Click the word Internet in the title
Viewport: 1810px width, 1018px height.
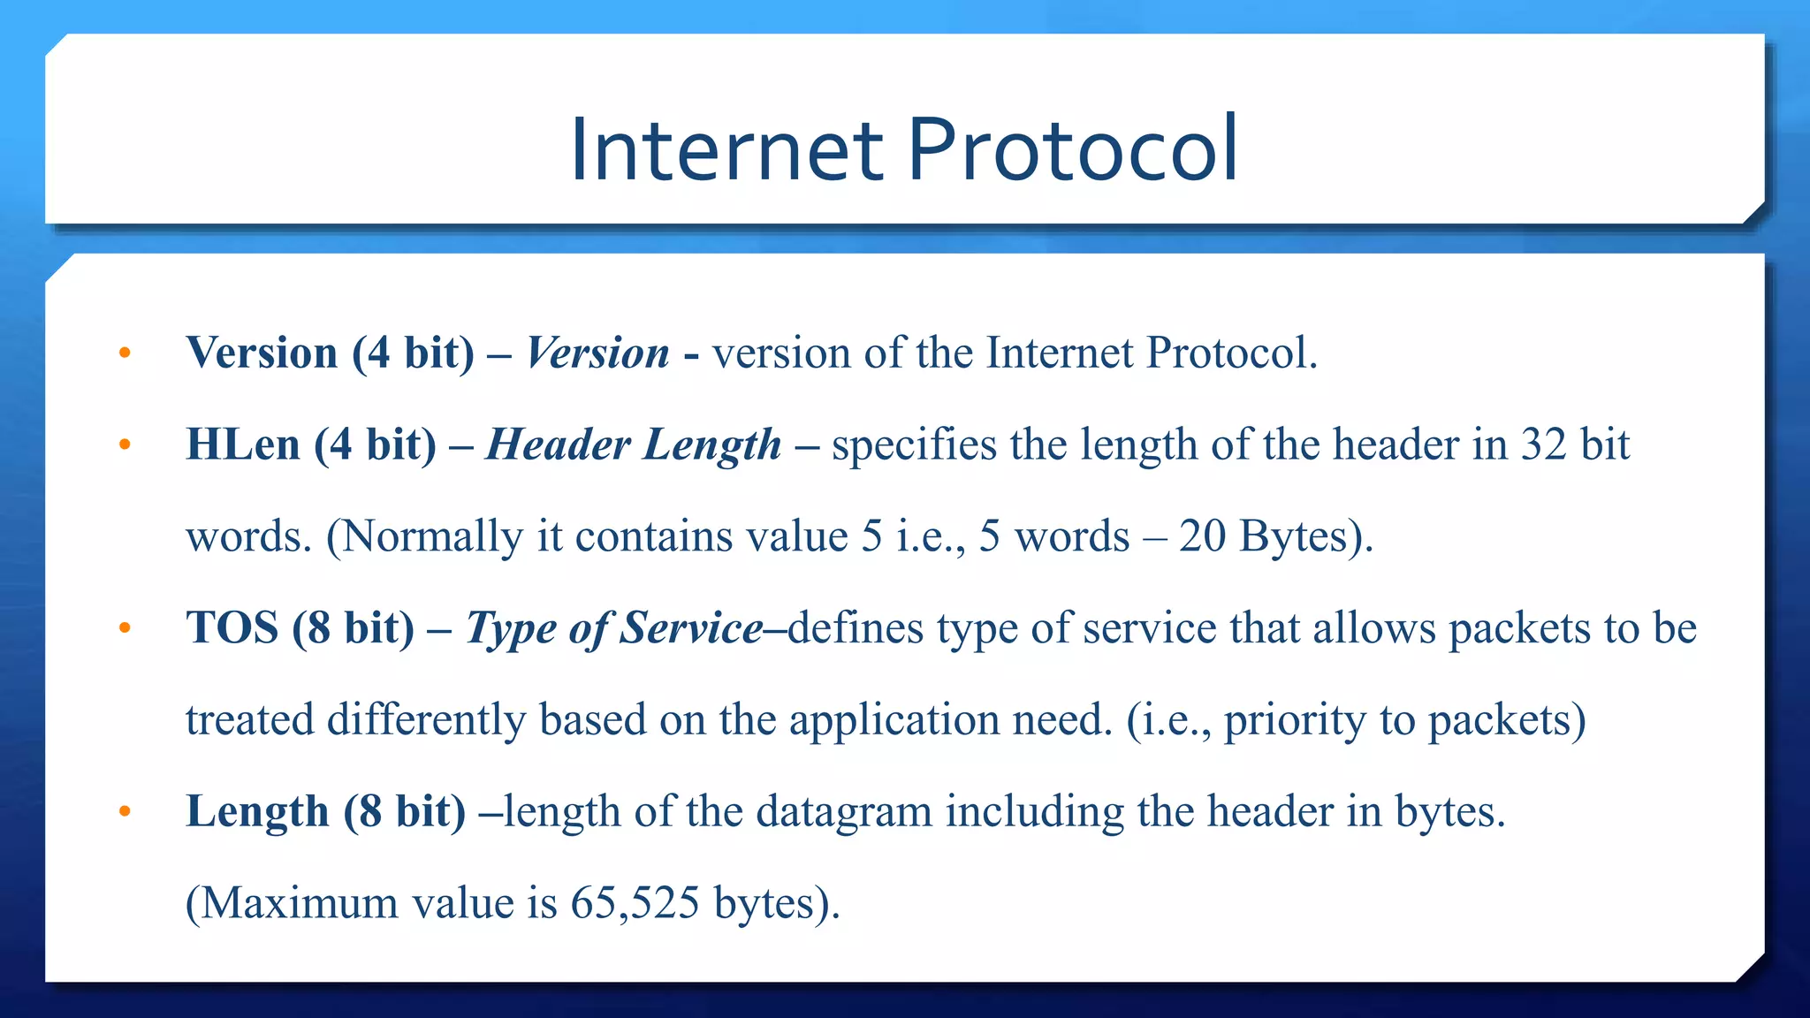point(726,149)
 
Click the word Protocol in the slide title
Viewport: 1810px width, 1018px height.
point(1072,149)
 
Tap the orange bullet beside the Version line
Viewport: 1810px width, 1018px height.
point(125,353)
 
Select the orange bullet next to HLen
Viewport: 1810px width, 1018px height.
point(125,444)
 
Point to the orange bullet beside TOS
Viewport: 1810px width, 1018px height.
point(125,628)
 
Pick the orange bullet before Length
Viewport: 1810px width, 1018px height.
point(125,811)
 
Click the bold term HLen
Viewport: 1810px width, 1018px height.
point(243,444)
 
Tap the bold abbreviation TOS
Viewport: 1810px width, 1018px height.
point(232,627)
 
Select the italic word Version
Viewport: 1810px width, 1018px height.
point(597,353)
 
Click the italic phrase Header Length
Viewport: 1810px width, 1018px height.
point(634,444)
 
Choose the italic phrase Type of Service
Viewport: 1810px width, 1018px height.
point(614,628)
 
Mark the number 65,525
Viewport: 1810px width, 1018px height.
point(635,903)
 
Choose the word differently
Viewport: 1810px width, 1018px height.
point(426,720)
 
